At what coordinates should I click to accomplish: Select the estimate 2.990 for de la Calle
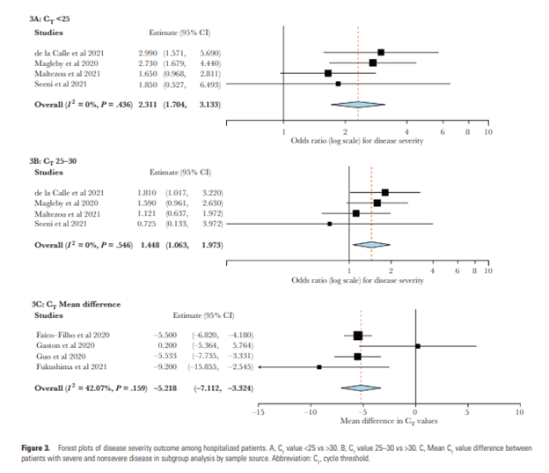pos(147,53)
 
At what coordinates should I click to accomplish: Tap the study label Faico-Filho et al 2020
pos(70,336)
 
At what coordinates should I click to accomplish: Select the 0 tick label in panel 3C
pos(415,411)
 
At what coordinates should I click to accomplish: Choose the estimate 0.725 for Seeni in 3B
pos(147,223)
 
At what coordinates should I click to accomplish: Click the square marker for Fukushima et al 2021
pos(318,366)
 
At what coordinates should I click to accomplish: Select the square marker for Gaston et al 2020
pos(418,346)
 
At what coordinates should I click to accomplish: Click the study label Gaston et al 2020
pos(65,345)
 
